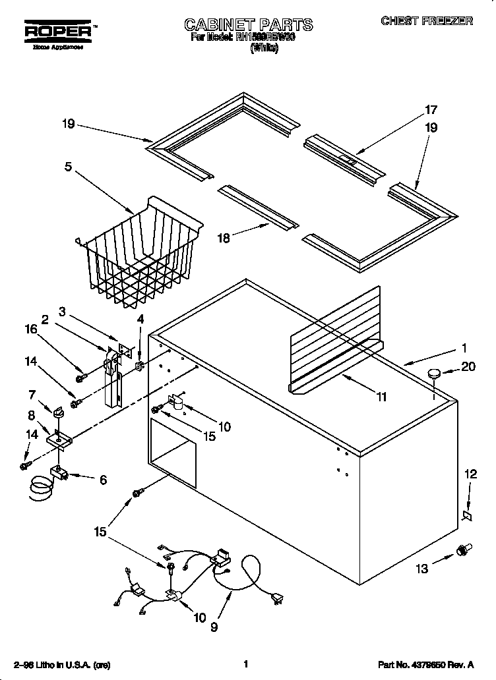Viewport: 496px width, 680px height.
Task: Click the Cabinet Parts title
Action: [248, 26]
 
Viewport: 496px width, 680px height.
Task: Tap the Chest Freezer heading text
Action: [427, 21]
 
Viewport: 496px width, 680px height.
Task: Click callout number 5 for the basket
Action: [68, 166]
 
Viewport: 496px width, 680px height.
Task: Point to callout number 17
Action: [431, 110]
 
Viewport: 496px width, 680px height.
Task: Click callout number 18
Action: [224, 239]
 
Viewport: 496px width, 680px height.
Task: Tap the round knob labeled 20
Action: [433, 374]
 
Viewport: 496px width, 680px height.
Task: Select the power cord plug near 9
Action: [278, 598]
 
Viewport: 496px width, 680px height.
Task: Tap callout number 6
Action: [102, 480]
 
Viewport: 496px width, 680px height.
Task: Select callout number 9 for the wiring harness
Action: [214, 628]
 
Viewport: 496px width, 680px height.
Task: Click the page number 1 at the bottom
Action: [246, 664]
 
